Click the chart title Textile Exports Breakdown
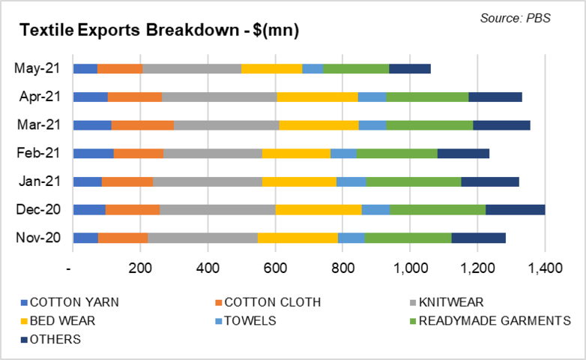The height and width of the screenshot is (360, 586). (x=159, y=31)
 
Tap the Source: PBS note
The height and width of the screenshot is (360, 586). (x=515, y=17)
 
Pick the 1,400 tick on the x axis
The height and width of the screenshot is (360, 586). (x=546, y=268)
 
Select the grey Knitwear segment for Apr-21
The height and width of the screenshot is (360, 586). (x=219, y=97)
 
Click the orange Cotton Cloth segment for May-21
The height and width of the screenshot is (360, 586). (x=120, y=68)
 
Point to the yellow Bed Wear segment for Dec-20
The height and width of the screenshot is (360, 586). (x=318, y=209)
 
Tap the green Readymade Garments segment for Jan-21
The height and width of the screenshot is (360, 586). (x=414, y=181)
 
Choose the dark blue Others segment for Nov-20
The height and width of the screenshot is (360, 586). (x=478, y=238)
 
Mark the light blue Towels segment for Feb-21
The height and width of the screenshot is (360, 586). (x=343, y=153)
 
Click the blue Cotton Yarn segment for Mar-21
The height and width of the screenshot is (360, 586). (x=92, y=124)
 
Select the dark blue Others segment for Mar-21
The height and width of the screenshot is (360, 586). (x=501, y=124)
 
